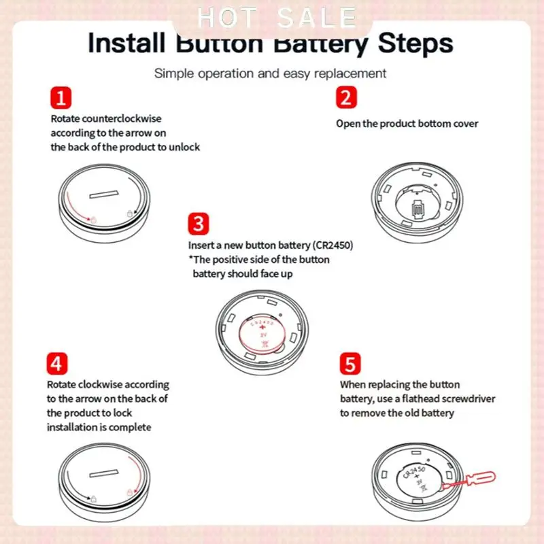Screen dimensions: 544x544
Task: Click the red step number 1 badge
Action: click(61, 98)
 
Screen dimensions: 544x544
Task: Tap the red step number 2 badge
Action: click(346, 97)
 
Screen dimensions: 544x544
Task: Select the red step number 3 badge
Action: click(199, 224)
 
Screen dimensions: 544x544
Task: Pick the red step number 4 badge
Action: click(57, 364)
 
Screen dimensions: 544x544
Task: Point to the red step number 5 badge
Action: click(350, 364)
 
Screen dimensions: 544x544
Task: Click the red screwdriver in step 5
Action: click(469, 481)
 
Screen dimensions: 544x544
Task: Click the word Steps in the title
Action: click(415, 44)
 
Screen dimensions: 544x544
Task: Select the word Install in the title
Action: click(126, 43)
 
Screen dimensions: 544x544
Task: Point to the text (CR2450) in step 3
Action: click(333, 245)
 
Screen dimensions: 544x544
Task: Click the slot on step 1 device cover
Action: click(104, 194)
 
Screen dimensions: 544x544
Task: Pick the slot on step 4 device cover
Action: click(104, 473)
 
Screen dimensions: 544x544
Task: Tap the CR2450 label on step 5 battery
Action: click(414, 473)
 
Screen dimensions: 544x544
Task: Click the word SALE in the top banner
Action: click(317, 18)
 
